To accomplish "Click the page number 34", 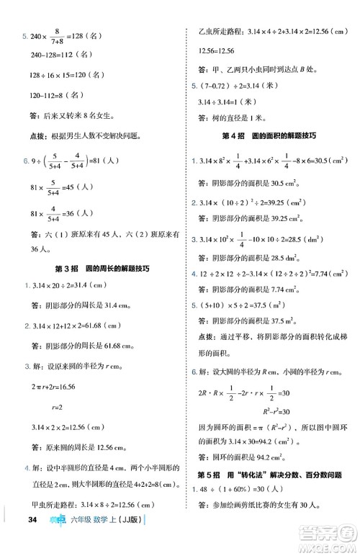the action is [x=31, y=540].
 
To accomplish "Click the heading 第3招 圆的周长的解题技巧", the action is [x=92, y=269].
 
